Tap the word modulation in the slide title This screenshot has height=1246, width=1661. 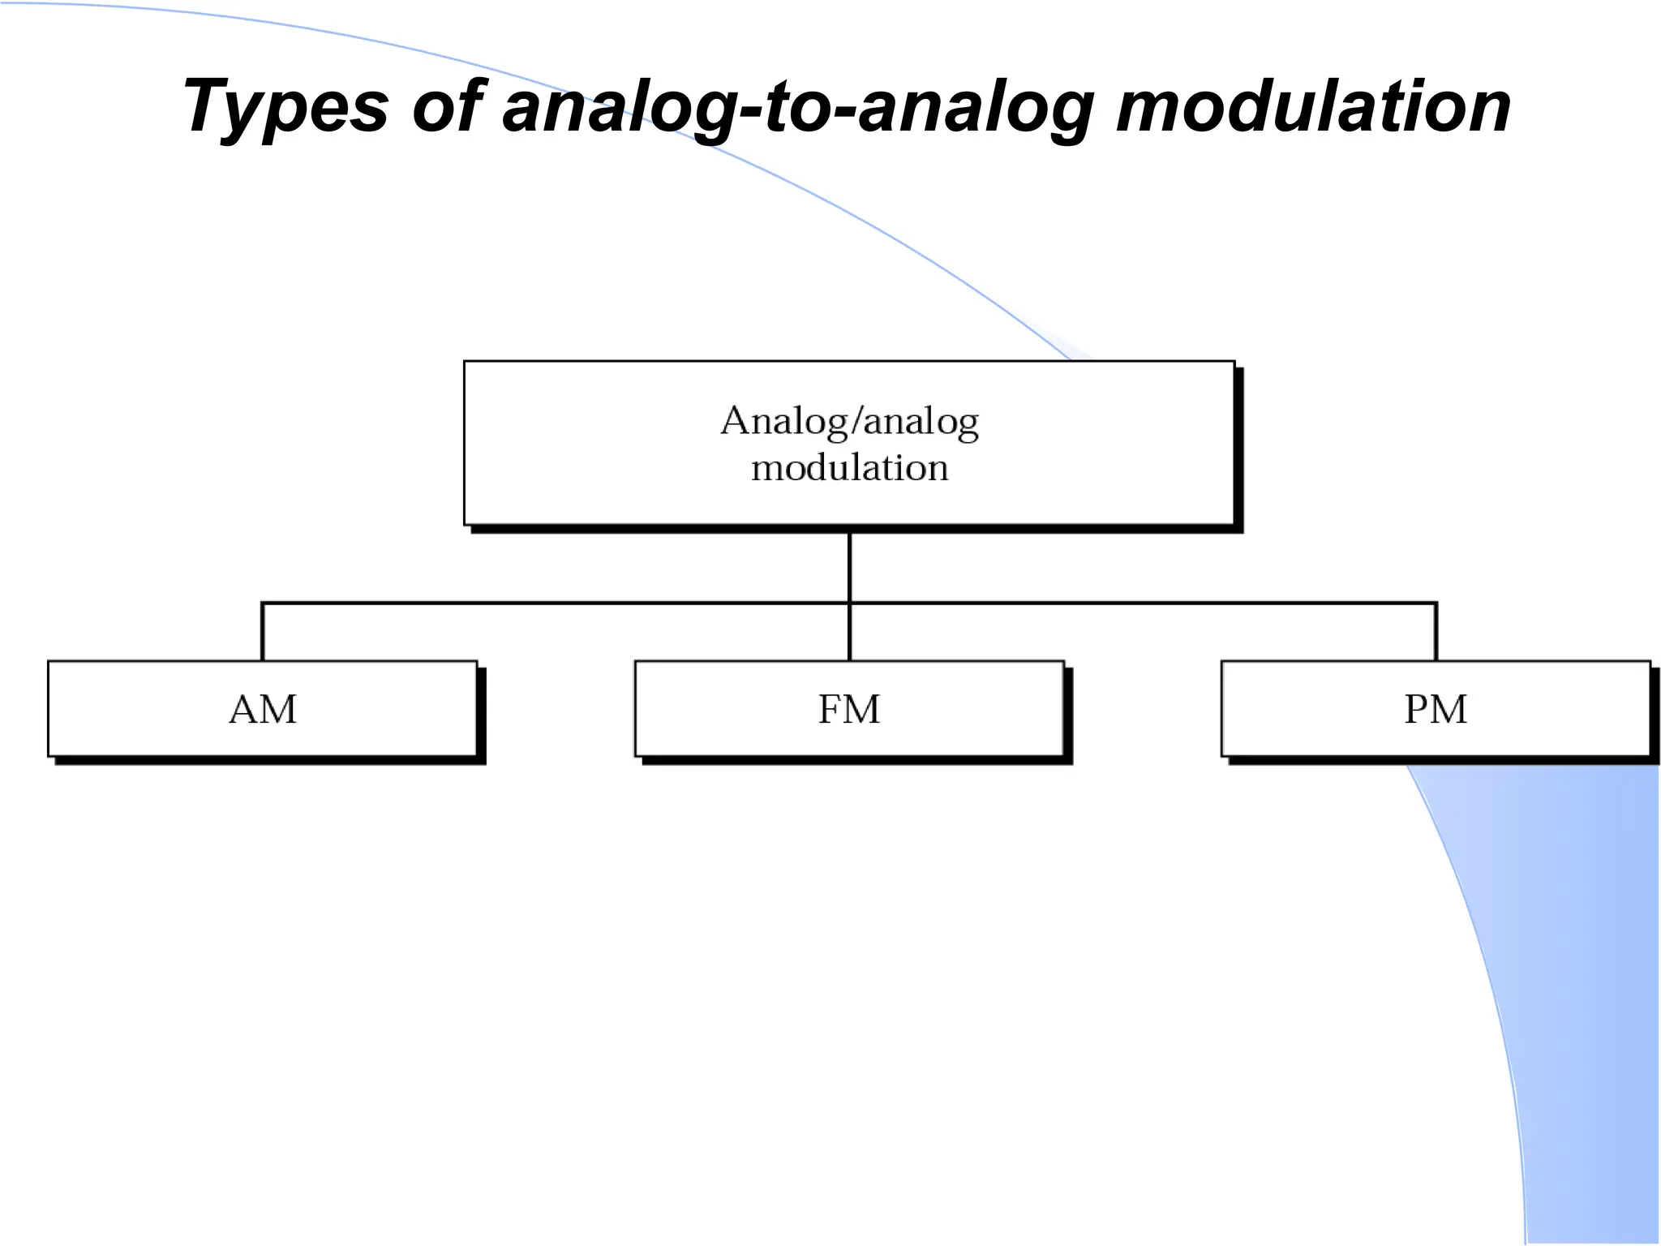point(1313,105)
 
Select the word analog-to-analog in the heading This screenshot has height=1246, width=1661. point(798,107)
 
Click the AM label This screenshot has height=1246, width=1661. point(263,710)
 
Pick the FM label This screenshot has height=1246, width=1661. point(849,710)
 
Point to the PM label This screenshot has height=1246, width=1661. point(1436,710)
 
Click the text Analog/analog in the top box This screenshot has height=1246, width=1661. point(849,421)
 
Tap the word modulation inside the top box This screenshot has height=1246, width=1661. point(849,468)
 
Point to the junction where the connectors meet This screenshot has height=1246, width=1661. point(849,603)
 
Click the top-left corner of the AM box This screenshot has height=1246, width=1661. point(49,662)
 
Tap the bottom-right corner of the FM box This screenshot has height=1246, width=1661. point(1063,755)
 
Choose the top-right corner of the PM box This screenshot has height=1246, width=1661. point(1650,662)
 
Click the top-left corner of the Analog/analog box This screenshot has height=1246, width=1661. point(465,362)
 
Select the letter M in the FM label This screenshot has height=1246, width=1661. point(862,710)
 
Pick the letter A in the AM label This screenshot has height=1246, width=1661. point(244,710)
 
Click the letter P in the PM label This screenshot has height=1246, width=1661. point(1416,710)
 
